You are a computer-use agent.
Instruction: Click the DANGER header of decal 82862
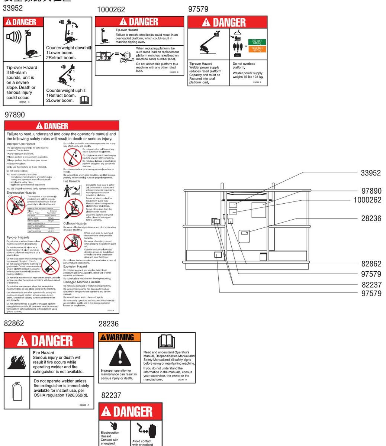click(49, 340)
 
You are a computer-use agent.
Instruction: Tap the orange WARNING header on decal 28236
click(119, 337)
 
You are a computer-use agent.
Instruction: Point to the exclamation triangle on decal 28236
click(120, 356)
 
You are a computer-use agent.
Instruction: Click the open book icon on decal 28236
click(166, 342)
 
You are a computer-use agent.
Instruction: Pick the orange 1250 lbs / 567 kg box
click(257, 49)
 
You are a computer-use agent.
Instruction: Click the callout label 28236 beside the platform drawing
click(371, 218)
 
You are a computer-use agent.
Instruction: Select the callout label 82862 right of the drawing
click(371, 264)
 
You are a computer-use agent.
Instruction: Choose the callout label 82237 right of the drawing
click(371, 285)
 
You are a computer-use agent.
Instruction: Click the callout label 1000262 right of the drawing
click(367, 200)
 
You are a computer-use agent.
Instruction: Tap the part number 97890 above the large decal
click(15, 115)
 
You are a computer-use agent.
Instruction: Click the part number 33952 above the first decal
click(12, 8)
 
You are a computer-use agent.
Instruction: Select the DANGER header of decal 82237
click(130, 411)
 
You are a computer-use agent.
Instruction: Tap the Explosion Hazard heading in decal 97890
click(75, 266)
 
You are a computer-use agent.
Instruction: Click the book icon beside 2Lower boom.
click(84, 99)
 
